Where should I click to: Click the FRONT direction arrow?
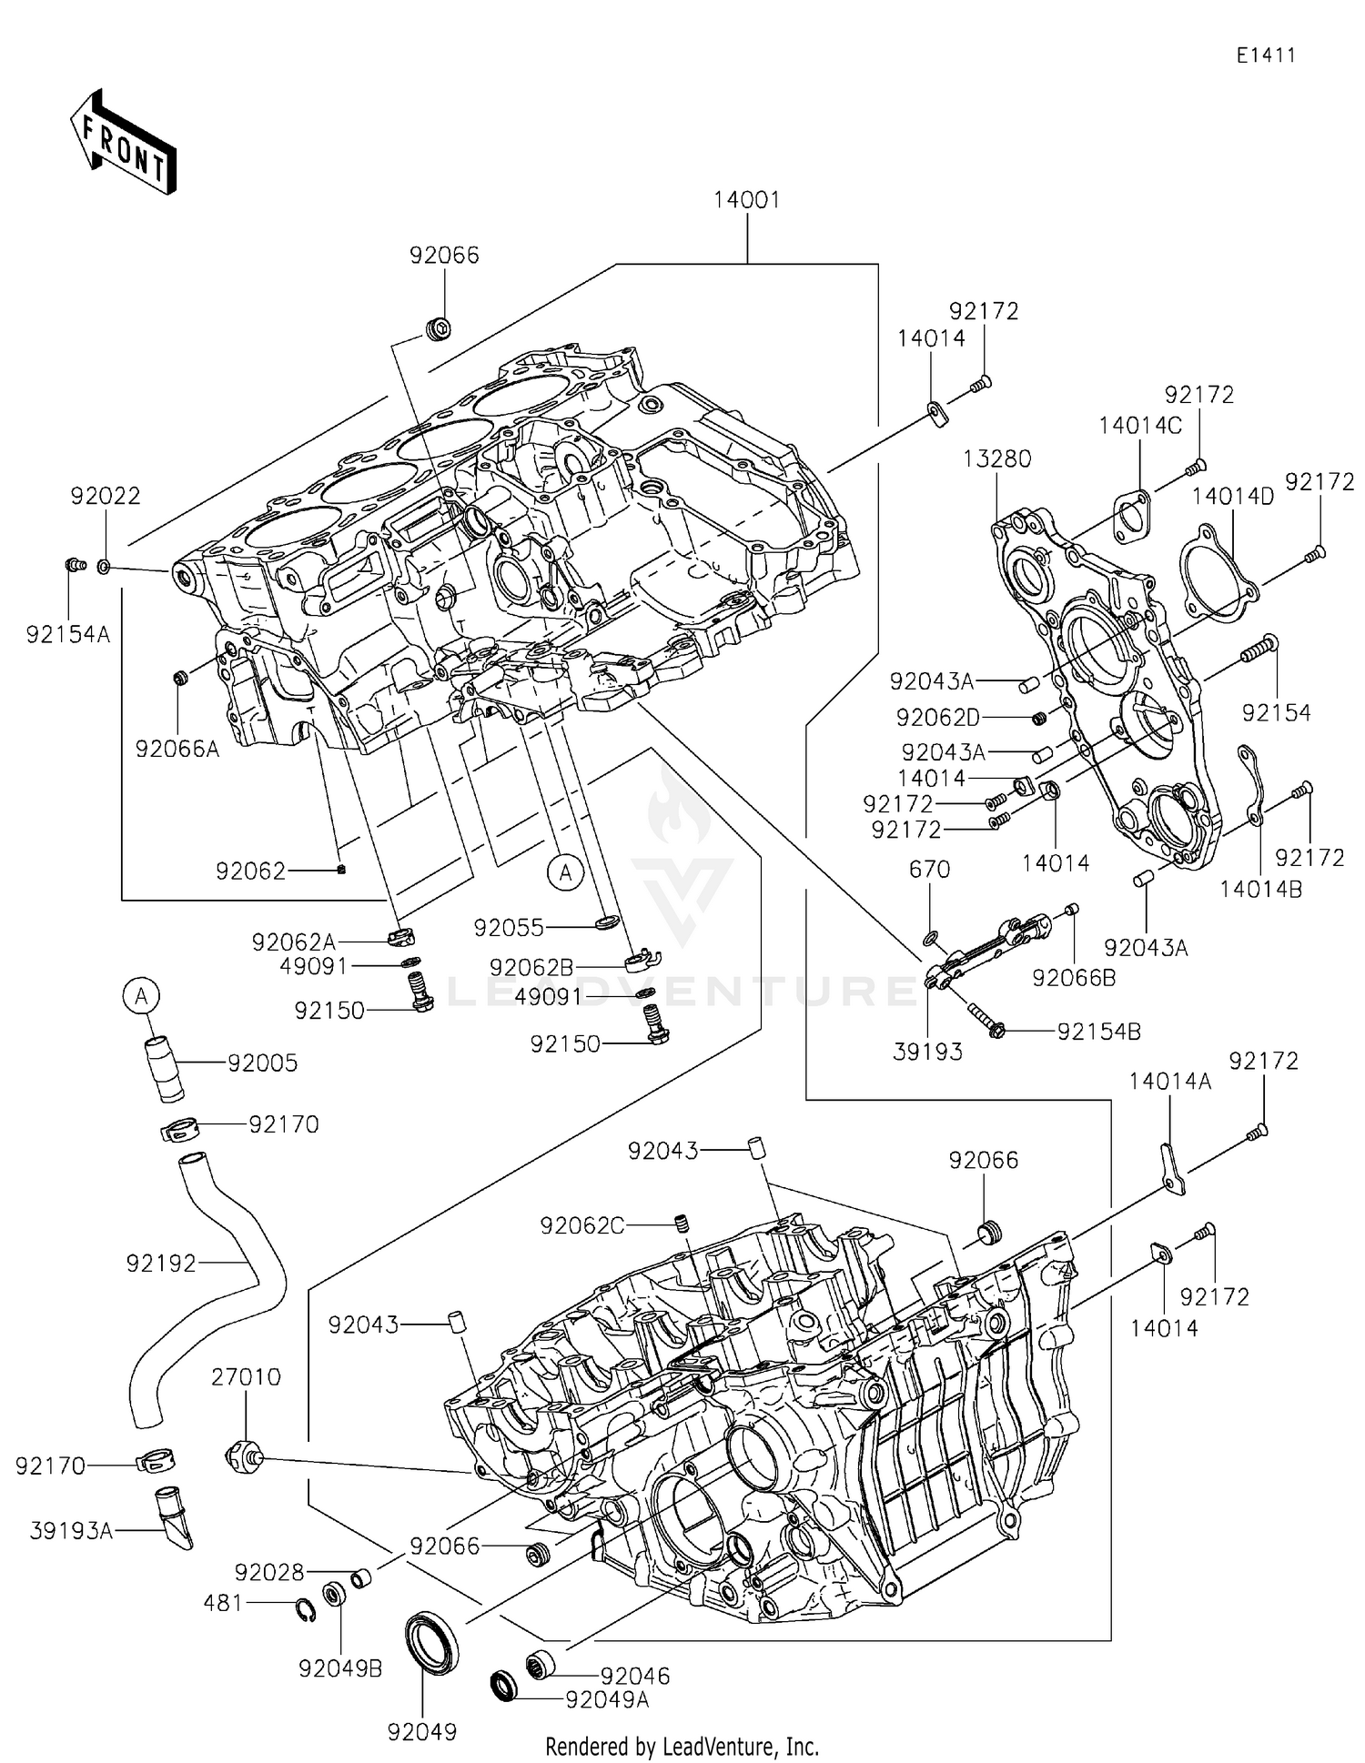123,144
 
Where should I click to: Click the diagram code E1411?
1265,55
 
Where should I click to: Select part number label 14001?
746,200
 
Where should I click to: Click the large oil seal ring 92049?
431,1641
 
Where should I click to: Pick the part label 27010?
246,1377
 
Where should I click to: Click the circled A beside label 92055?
565,872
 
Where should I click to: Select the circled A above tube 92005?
142,997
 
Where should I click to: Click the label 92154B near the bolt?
1098,1032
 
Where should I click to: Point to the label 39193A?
71,1532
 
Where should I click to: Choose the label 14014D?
1233,496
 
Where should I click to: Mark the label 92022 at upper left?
106,496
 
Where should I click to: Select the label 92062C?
582,1225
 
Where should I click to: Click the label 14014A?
1170,1081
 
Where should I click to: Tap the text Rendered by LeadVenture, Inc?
682,1746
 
